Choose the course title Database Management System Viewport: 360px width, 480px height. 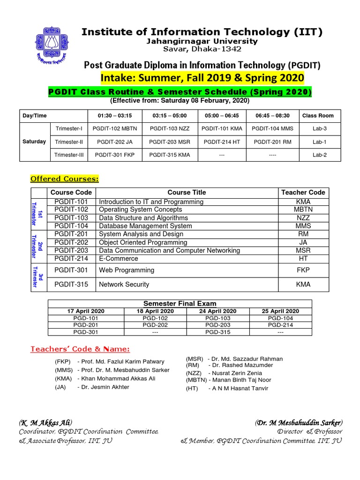coord(145,226)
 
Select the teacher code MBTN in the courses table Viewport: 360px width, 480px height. coord(303,210)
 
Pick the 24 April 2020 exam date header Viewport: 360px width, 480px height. coord(217,311)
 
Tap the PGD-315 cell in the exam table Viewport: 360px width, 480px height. coord(217,332)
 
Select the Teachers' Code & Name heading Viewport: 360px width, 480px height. coord(80,349)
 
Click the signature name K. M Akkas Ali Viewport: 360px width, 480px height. coord(45,422)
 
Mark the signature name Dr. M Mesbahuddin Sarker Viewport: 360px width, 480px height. coord(299,422)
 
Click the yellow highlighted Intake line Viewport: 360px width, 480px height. coord(202,77)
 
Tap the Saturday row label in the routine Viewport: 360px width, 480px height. coord(34,142)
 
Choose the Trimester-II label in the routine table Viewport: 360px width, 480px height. coord(69,142)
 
